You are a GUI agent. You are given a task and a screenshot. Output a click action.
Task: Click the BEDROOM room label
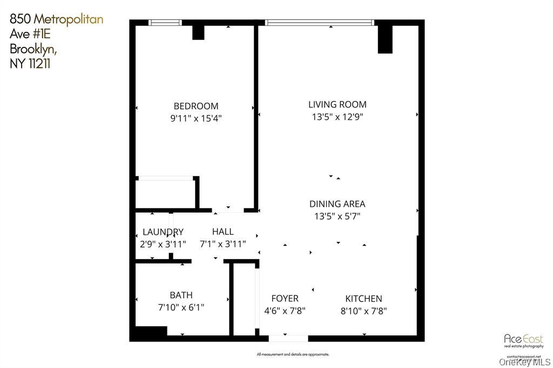(x=195, y=106)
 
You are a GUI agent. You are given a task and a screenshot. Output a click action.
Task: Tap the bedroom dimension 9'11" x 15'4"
(x=195, y=119)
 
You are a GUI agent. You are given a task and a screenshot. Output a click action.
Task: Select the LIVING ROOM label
(x=337, y=105)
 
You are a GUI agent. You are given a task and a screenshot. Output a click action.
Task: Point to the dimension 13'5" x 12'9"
(x=337, y=117)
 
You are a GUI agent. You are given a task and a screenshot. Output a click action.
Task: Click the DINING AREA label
(x=337, y=204)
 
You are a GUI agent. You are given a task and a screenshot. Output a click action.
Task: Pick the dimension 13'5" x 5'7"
(x=337, y=216)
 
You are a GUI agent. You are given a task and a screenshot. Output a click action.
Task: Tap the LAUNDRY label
(x=163, y=232)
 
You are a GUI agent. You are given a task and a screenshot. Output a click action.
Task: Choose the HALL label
(x=222, y=232)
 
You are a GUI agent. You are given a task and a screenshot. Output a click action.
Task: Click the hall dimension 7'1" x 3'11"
(x=222, y=244)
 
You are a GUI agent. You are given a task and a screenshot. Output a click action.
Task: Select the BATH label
(x=181, y=295)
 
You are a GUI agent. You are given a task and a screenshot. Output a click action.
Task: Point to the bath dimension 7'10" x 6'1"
(x=181, y=308)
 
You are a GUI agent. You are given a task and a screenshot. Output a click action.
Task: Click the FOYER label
(x=285, y=298)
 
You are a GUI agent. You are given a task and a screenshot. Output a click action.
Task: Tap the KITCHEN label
(x=363, y=298)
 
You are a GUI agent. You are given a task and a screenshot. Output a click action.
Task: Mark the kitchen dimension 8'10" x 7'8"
(x=363, y=311)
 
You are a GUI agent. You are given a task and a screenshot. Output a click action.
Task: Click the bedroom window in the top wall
(x=165, y=23)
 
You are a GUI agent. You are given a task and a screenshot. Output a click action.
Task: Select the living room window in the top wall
(x=319, y=23)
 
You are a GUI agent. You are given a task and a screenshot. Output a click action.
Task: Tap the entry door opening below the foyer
(x=288, y=338)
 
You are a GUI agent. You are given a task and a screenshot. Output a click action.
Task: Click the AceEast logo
(x=523, y=340)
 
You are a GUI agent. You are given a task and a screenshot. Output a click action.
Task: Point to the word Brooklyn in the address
(x=33, y=49)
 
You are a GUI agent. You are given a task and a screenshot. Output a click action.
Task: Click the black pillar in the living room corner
(x=385, y=39)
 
